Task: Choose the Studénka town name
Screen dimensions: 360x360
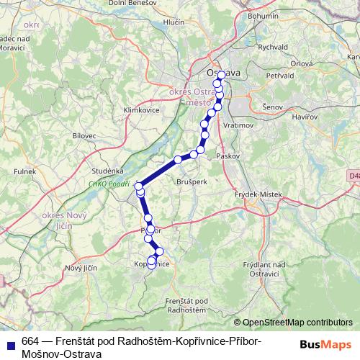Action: [107, 171]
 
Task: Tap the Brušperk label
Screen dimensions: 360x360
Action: [192, 182]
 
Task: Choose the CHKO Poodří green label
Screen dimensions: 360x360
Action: [107, 184]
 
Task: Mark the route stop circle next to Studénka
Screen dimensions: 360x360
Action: [139, 186]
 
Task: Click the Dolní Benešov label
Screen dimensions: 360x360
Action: [127, 4]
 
